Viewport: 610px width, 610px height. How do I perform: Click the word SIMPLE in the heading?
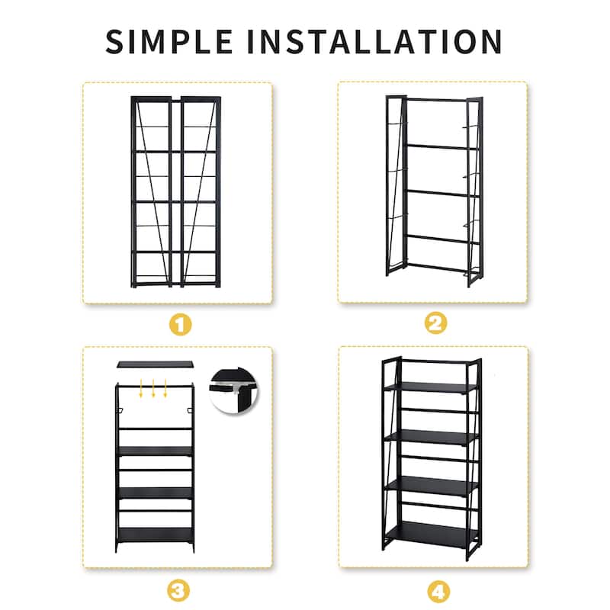pos(169,41)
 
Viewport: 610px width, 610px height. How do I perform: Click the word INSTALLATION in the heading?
pos(374,41)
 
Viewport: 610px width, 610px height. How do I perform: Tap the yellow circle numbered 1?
pos(181,325)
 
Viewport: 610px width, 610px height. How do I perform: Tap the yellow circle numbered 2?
pos(435,323)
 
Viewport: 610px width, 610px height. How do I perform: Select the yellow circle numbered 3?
pos(178,591)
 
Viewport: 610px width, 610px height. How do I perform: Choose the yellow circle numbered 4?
pos(438,592)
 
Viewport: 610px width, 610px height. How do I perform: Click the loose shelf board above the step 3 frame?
pos(156,364)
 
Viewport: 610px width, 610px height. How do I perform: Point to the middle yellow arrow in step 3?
pos(153,388)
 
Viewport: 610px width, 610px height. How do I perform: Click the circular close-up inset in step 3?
pos(234,390)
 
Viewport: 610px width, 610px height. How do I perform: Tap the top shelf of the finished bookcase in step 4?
pos(430,387)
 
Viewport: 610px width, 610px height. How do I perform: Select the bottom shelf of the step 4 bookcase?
pos(431,533)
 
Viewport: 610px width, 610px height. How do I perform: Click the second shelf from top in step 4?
pos(431,437)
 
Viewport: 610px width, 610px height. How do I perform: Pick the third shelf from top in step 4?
pos(431,486)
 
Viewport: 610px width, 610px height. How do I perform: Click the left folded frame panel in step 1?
pos(151,192)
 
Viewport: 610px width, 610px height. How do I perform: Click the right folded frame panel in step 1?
pos(201,192)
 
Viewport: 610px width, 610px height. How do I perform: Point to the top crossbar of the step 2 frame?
pos(435,101)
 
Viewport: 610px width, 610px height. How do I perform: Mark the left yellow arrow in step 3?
pos(141,388)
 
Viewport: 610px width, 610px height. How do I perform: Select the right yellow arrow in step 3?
pos(165,388)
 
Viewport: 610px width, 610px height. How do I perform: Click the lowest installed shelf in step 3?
pos(156,535)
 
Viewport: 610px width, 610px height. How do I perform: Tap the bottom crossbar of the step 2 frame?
pos(439,268)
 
